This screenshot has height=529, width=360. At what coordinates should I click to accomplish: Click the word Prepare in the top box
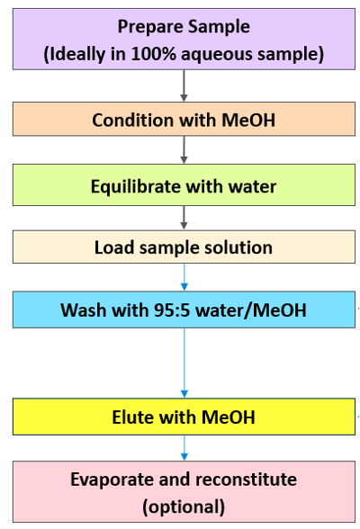pos(150,27)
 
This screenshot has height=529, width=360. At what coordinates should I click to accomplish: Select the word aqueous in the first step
pos(217,55)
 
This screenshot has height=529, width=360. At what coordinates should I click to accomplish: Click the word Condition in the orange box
pos(132,120)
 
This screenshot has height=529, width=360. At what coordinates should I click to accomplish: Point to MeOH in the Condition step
pos(248,120)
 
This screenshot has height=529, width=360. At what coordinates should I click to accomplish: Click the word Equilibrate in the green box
pos(136,186)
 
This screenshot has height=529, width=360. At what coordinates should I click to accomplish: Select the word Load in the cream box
pos(114,247)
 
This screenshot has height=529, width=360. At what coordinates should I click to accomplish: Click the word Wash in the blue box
pos(83,309)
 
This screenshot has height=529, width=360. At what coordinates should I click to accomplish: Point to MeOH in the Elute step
pos(228,417)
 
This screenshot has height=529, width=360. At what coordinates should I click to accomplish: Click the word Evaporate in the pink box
pos(112,480)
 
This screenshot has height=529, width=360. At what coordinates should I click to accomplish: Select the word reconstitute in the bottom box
pos(247,480)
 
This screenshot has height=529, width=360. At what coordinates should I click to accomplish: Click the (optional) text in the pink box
pos(184,507)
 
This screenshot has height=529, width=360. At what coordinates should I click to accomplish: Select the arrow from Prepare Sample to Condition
pos(184,85)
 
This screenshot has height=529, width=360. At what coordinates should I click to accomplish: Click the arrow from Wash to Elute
pos(184,363)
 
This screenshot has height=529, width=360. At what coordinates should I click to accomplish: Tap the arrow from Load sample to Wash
pos(184,277)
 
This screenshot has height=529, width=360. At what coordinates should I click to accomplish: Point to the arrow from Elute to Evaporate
pos(184,448)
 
